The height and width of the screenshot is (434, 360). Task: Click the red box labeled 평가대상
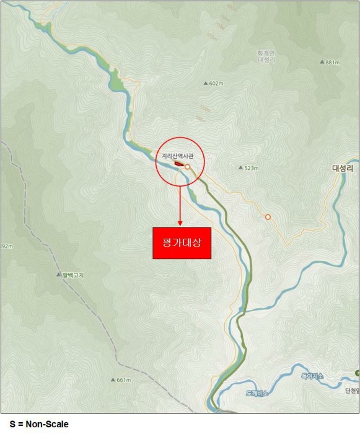coord(182,242)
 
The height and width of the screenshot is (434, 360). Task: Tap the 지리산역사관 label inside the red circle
coord(182,156)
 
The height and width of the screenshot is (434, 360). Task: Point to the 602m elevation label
coord(216,84)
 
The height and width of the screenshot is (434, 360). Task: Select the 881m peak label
coord(333,62)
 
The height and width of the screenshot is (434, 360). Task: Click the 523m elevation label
coord(251,168)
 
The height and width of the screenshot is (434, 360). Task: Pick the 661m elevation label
coord(123,379)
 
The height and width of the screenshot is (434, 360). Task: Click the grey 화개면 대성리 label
coord(266,57)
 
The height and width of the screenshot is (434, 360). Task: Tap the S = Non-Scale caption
coord(35,424)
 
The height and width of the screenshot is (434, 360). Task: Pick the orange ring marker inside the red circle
coord(187,167)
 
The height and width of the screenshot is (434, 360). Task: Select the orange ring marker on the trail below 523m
coord(268,217)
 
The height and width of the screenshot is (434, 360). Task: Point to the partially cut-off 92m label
coord(6,246)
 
